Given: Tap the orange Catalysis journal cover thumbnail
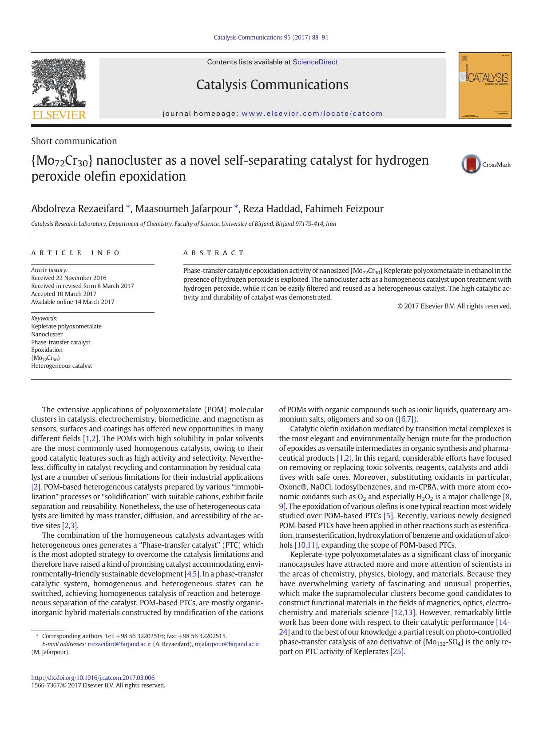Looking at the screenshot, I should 485,86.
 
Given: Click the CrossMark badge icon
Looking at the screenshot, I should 471,164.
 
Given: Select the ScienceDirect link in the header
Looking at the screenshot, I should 315,62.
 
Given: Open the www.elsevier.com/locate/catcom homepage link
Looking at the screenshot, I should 312,114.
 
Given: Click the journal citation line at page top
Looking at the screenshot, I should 271,38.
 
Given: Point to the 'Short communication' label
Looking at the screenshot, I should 74,141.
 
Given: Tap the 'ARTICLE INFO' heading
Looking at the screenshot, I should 75,253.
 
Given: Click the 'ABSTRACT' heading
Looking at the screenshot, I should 214,253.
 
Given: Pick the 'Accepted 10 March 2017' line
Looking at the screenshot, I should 63,294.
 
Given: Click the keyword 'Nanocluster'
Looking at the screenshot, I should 47,334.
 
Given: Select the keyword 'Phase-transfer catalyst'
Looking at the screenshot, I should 60,342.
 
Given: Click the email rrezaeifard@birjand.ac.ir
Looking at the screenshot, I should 119,644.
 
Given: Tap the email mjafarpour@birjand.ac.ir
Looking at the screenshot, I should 227,644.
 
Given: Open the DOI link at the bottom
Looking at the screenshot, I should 93,678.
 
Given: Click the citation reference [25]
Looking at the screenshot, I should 397,651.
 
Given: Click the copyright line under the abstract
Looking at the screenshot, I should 454,306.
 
